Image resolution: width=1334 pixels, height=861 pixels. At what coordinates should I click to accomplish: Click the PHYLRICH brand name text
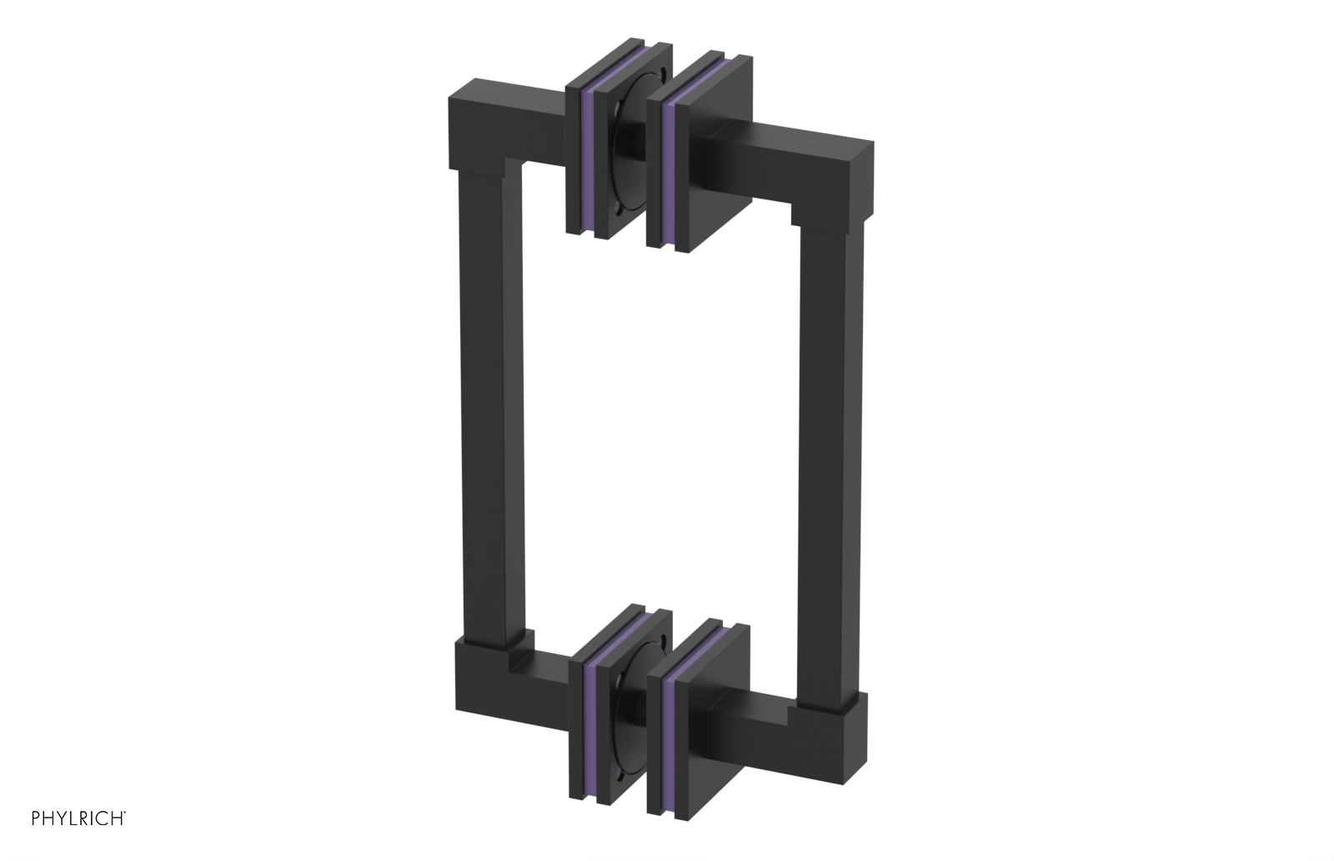(78, 818)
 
